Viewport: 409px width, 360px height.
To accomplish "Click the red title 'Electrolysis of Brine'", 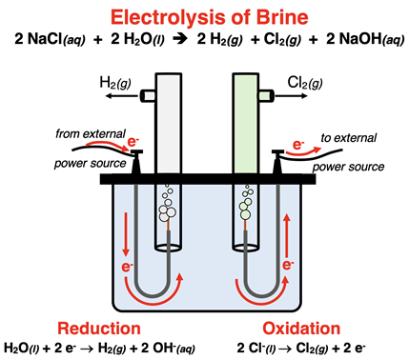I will click(x=203, y=16).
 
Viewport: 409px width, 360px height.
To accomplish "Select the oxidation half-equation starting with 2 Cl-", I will click(x=302, y=349).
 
